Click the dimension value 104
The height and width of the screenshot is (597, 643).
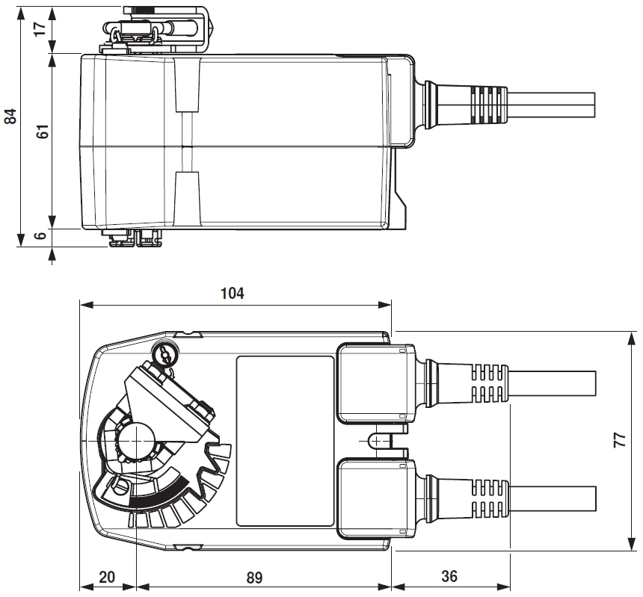coord(233,293)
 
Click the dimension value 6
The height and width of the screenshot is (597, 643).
coord(41,235)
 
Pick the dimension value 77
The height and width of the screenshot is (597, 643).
coord(619,439)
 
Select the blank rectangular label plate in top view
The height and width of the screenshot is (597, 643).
coord(285,440)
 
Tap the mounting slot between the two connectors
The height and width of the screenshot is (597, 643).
coord(383,440)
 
